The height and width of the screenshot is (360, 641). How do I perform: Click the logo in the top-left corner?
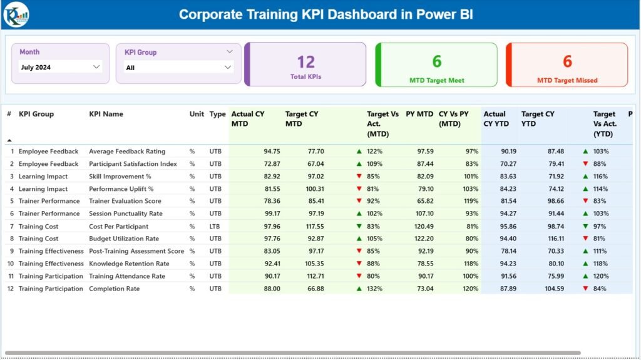(x=15, y=14)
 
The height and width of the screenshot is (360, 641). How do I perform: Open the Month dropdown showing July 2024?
(x=60, y=67)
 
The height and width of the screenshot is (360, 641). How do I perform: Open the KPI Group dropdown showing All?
(x=179, y=68)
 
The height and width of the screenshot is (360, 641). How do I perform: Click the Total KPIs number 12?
(x=305, y=61)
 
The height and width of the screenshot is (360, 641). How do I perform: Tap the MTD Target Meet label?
(x=436, y=80)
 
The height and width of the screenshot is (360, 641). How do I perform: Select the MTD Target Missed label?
(x=567, y=80)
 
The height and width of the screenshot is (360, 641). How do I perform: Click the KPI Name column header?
(x=106, y=115)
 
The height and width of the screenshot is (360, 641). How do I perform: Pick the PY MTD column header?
(x=419, y=115)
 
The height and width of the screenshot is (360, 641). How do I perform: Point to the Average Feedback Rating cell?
(x=127, y=152)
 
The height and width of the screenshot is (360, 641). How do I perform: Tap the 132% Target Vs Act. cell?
(x=374, y=289)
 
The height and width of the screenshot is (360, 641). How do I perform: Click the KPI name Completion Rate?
(x=115, y=289)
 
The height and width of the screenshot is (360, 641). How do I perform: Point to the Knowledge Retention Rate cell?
(x=129, y=264)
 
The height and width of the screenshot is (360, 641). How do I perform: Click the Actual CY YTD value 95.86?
(x=508, y=226)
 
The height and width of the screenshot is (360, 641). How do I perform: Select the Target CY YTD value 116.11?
(x=551, y=239)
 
